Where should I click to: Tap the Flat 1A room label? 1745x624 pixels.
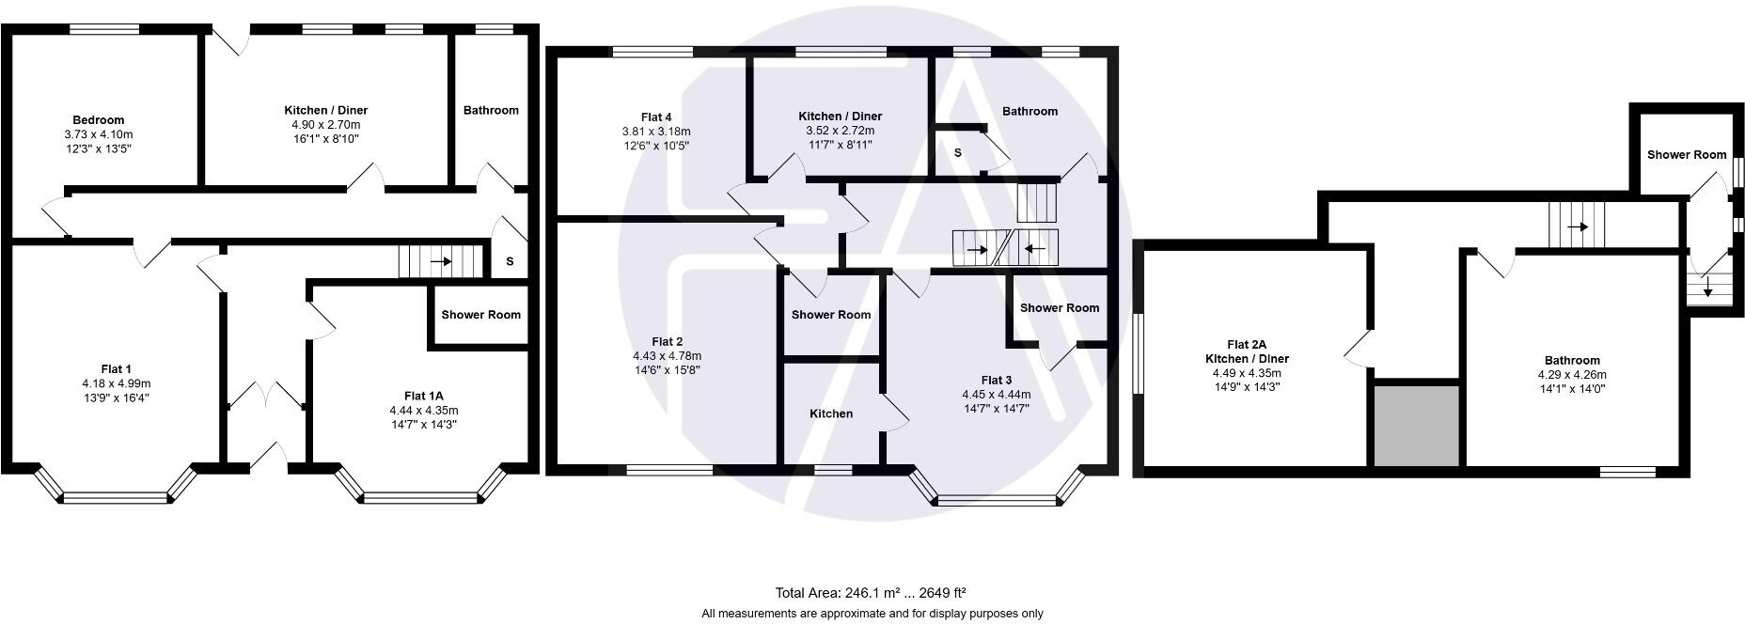click(x=423, y=396)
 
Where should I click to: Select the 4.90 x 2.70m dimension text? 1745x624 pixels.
click(x=325, y=124)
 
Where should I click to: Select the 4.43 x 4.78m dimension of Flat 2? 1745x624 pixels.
click(x=667, y=356)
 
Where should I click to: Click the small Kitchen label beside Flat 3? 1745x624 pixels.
click(x=831, y=413)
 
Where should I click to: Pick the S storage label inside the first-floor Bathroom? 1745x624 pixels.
click(x=957, y=152)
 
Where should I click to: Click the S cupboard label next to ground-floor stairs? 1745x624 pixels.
click(x=510, y=261)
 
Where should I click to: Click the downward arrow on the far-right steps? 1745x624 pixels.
click(x=1707, y=291)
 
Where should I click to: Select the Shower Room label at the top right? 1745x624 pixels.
click(x=1687, y=155)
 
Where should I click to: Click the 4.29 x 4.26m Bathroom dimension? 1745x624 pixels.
click(x=1571, y=374)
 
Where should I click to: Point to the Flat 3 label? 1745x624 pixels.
click(x=996, y=381)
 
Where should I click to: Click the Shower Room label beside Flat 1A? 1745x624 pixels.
click(x=480, y=315)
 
